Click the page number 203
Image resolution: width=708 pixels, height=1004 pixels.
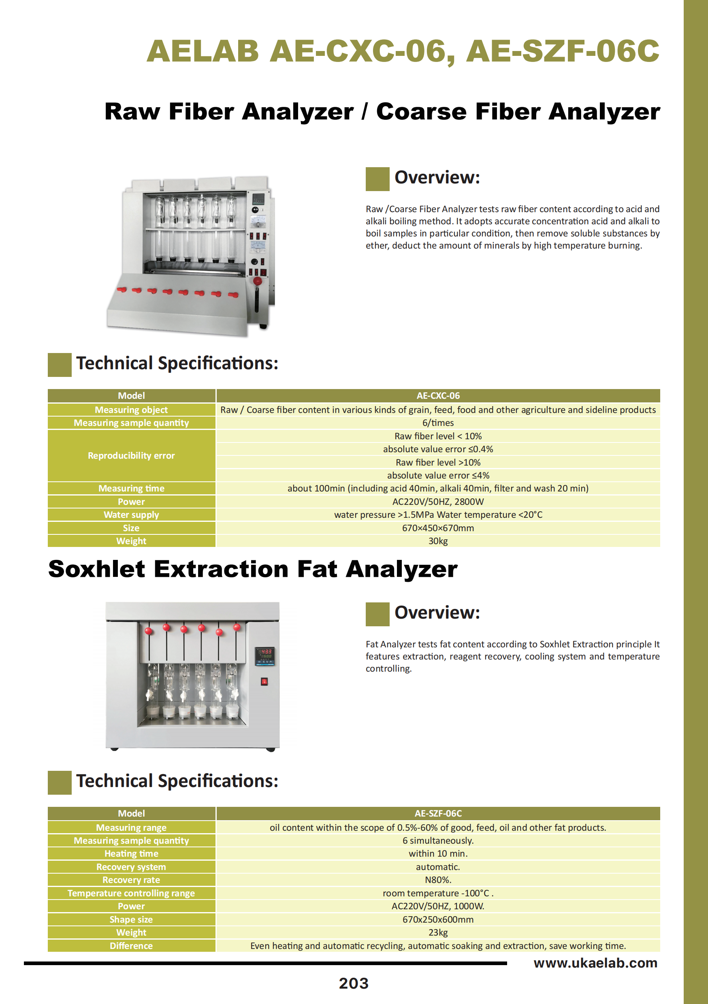click(x=354, y=983)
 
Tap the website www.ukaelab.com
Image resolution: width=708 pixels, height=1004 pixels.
click(x=595, y=963)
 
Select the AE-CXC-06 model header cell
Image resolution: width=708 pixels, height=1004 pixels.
click(x=438, y=396)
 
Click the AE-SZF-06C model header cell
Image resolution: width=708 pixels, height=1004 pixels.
click(x=438, y=813)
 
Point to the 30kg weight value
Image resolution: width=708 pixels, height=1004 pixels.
click(x=438, y=541)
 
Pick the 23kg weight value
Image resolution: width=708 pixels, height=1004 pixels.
click(x=438, y=932)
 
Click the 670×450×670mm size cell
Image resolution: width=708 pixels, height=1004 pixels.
click(x=438, y=528)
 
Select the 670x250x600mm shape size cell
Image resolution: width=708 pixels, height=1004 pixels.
click(x=438, y=919)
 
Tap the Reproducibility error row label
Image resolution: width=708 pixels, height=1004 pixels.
click(x=131, y=456)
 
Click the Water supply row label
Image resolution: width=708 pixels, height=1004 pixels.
click(x=131, y=515)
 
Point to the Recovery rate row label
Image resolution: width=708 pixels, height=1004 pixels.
click(x=131, y=880)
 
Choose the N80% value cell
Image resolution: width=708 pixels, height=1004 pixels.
click(x=438, y=880)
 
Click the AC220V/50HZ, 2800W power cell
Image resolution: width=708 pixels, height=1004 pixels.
click(x=438, y=502)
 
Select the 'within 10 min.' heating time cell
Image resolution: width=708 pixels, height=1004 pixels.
click(x=438, y=853)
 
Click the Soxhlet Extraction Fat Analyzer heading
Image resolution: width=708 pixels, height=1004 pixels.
click(x=253, y=569)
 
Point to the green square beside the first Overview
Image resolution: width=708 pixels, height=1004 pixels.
click(x=377, y=179)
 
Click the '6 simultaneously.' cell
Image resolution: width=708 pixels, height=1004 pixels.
click(x=438, y=840)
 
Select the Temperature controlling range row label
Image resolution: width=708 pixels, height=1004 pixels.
click(x=131, y=893)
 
